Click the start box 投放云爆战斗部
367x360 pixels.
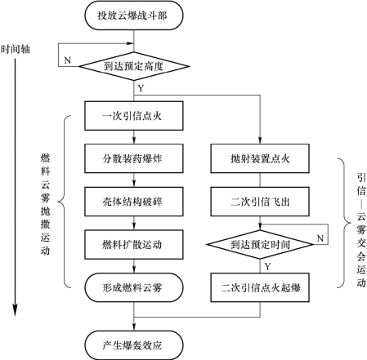coord(134,16)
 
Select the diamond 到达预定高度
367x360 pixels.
coord(134,66)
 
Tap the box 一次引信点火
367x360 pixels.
coord(134,116)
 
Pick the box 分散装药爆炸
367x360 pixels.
coord(134,158)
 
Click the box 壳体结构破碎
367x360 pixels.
coord(134,202)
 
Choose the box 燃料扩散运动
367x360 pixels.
coord(134,245)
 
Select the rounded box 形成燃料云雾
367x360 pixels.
coord(134,287)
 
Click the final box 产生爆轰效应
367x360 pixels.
coord(134,345)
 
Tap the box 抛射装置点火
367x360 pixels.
coord(260,158)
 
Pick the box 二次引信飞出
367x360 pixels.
coord(260,202)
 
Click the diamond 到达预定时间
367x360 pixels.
coord(260,244)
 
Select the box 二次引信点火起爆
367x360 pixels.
coord(260,287)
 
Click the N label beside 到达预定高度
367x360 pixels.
coord(68,60)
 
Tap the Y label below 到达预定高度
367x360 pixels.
coord(141,88)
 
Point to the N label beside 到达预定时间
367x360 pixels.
coord(320,238)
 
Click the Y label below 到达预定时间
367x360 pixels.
coord(267,266)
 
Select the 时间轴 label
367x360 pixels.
coord(16,50)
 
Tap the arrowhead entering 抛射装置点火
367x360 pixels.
coord(260,140)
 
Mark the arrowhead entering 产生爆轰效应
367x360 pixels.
coord(134,327)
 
